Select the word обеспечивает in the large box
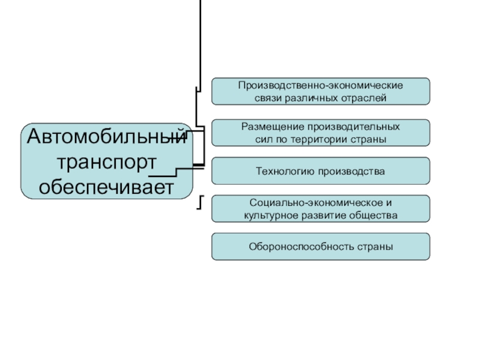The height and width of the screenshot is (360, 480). point(106,187)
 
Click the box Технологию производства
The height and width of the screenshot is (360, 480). point(320,171)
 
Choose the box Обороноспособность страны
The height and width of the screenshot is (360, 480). point(320,247)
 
